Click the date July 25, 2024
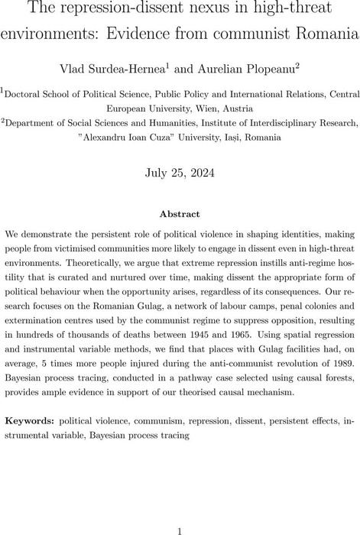[x=180, y=173]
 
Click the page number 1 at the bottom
[x=179, y=510]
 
